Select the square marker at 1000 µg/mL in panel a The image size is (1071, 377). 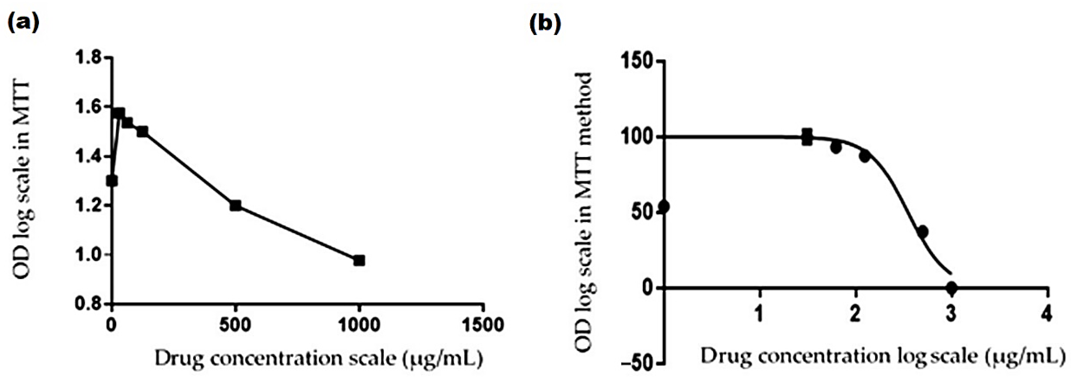pos(359,260)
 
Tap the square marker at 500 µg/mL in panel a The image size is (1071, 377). pos(235,205)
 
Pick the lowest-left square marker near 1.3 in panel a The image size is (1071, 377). pos(112,181)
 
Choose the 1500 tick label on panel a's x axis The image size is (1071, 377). pos(483,325)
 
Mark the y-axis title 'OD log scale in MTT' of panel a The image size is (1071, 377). pos(22,181)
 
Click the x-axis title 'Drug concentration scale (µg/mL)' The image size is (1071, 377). pos(318,358)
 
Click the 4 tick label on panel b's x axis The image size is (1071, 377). pos(1047,313)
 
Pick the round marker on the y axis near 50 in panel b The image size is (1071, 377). pos(664,206)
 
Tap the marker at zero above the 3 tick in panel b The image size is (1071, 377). pos(951,287)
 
